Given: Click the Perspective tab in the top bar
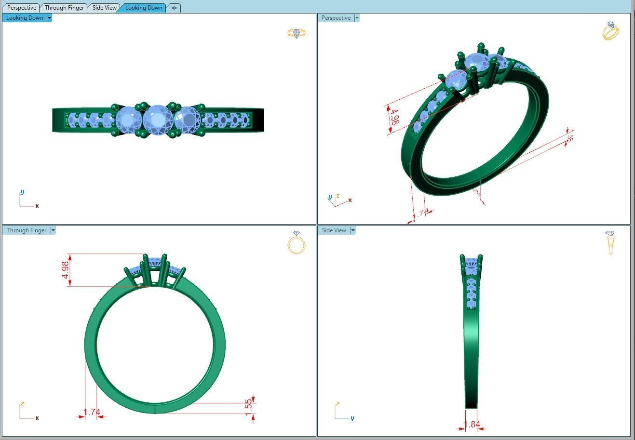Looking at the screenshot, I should (x=22, y=8).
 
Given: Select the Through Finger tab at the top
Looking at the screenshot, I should (x=64, y=8).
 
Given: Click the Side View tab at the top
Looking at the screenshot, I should (x=105, y=8).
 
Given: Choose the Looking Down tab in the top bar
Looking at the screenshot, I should (x=143, y=8).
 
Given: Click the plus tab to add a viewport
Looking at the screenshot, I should (x=174, y=8).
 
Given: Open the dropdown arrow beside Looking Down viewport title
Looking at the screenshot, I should (x=49, y=18).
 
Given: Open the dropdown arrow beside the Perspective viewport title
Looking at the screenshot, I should (x=357, y=18).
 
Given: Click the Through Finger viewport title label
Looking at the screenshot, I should (x=27, y=230).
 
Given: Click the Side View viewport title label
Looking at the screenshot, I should (x=334, y=230).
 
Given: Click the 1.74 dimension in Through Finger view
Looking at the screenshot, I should (x=92, y=412).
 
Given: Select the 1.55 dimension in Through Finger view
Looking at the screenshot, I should (x=248, y=405).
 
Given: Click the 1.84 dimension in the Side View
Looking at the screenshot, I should (x=472, y=425).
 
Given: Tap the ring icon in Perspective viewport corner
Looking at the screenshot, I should (x=610, y=31).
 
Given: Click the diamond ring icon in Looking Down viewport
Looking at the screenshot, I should (x=296, y=33).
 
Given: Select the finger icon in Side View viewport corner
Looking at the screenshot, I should (x=610, y=242).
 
